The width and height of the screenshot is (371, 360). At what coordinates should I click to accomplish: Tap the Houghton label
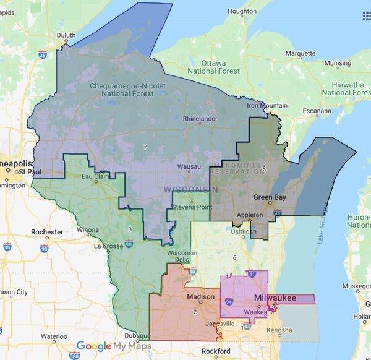point(242,11)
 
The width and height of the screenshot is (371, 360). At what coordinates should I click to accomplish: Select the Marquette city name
point(301,53)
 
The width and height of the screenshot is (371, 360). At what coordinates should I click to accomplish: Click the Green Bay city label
point(270,197)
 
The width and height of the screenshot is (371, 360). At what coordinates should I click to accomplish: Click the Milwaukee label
point(276,299)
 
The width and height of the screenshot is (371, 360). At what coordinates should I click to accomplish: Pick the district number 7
point(145,147)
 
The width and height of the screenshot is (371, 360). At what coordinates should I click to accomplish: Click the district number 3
point(130,229)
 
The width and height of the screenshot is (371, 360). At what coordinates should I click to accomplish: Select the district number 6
point(234,257)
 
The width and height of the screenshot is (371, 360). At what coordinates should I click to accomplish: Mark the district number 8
point(263,168)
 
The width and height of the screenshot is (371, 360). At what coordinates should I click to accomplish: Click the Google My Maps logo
point(111,346)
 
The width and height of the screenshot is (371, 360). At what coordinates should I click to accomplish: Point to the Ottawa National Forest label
point(213,67)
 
